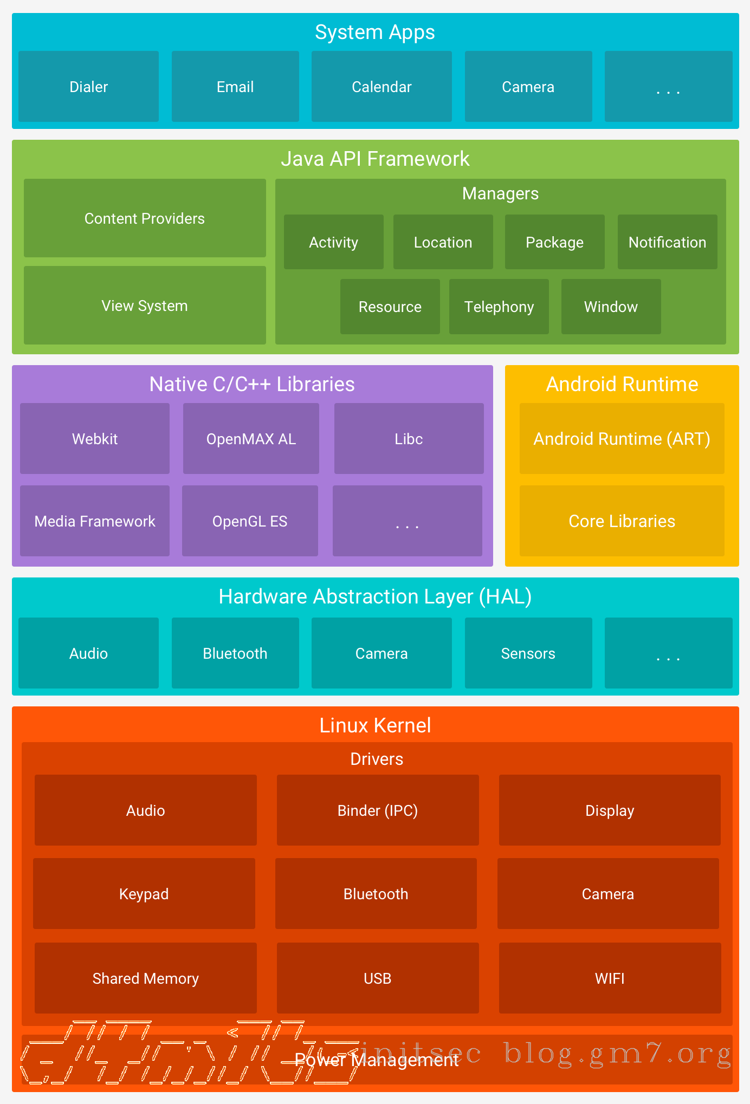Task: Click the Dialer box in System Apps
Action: (88, 87)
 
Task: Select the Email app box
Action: (235, 87)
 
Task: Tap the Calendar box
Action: (382, 87)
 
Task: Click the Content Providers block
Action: (145, 218)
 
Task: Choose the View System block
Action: (145, 306)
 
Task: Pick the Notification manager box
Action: (667, 242)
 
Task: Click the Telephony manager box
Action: (499, 307)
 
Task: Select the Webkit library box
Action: (95, 439)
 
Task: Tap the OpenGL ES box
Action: (250, 521)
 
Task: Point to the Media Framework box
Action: (95, 521)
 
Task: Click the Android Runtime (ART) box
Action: (622, 439)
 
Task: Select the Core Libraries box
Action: (622, 521)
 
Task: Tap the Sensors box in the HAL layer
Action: (528, 653)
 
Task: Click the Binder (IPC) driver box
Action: (378, 810)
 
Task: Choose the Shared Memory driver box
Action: (145, 978)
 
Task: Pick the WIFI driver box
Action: (610, 978)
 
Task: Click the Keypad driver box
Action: (144, 894)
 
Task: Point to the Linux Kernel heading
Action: (375, 725)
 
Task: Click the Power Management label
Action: (377, 1060)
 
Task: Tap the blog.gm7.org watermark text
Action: (618, 1054)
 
